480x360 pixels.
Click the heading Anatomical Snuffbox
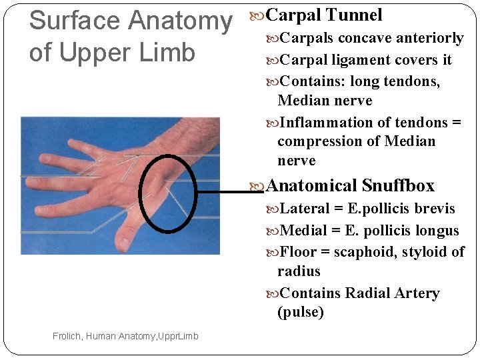[x=350, y=185]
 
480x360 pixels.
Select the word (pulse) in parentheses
[x=301, y=312]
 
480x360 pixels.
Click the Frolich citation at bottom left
[x=125, y=336]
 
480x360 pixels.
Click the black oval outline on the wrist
[x=142, y=193]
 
